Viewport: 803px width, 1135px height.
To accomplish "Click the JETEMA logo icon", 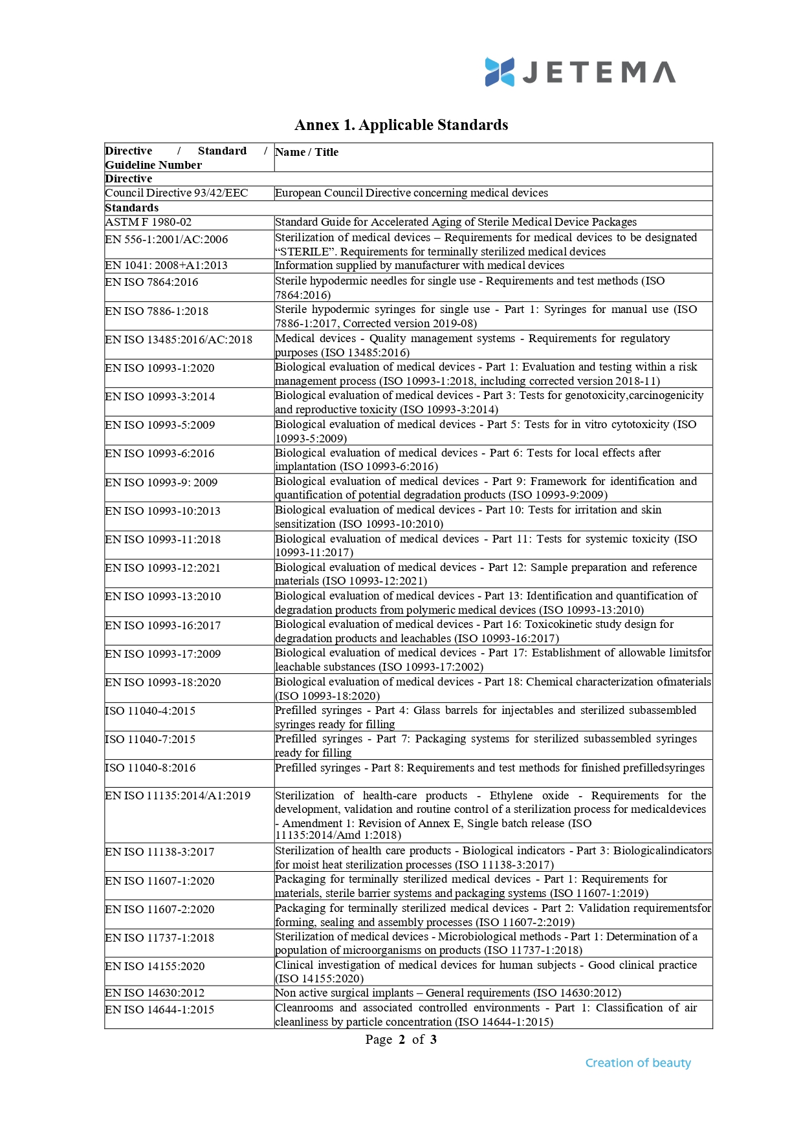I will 500,72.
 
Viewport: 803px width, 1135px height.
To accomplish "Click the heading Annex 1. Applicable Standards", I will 401,125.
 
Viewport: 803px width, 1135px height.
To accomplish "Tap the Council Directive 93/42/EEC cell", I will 177,193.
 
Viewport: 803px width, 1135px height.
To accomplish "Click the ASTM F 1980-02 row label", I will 148,222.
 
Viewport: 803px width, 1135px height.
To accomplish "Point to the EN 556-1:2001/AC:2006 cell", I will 166,239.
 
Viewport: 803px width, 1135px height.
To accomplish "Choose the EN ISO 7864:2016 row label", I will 151,282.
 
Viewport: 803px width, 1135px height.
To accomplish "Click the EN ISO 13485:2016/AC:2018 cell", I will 179,340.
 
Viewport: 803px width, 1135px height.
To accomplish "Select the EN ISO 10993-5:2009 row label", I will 160,425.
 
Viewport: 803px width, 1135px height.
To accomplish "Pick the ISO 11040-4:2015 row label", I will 150,711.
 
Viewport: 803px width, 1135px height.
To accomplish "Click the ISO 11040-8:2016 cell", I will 150,768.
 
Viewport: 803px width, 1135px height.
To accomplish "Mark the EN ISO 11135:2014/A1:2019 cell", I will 178,795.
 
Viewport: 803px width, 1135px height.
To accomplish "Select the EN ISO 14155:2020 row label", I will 155,966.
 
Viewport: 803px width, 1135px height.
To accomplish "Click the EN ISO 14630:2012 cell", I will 155,993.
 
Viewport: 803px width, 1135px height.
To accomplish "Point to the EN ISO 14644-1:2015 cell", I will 159,1010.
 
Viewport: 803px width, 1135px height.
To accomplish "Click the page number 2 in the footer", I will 402,1039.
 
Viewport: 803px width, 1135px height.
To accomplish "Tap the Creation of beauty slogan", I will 638,1063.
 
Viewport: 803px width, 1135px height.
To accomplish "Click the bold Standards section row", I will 132,208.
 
